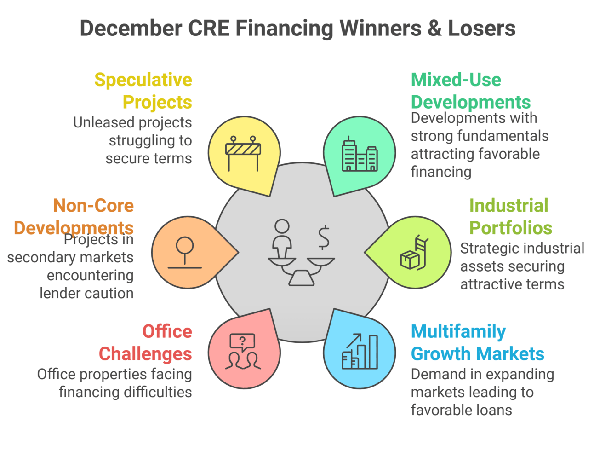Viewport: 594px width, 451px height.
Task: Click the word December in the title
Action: click(131, 28)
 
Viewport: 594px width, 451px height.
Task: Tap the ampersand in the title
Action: click(434, 28)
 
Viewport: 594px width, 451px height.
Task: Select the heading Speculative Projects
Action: click(143, 91)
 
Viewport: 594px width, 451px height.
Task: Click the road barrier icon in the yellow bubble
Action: click(243, 153)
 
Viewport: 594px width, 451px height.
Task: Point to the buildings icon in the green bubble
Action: click(360, 154)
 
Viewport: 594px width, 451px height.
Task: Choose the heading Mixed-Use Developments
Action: click(471, 91)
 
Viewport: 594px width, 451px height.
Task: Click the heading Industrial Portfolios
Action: click(510, 216)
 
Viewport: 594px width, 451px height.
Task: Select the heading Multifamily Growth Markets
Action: click(477, 342)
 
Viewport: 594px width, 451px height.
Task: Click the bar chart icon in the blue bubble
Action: click(360, 351)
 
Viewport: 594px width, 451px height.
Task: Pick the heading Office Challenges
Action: click(146, 342)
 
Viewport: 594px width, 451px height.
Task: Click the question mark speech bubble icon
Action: click(243, 351)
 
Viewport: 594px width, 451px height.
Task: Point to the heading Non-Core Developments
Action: click(74, 216)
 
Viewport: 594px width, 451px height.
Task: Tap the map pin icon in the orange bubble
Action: click(185, 253)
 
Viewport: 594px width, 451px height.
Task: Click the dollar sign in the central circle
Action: click(324, 237)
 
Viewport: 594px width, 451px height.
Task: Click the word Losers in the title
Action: click(481, 28)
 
